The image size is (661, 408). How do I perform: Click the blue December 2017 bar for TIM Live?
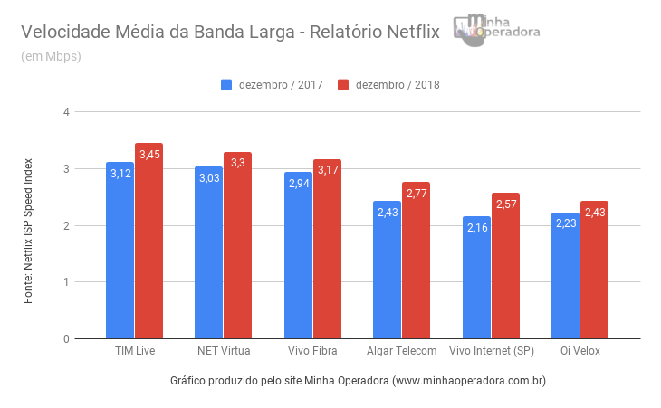[x=120, y=253]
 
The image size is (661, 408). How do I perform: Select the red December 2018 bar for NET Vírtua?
[x=237, y=249]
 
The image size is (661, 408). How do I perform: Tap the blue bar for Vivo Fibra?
[x=298, y=258]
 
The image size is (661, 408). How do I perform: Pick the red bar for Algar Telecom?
[x=416, y=262]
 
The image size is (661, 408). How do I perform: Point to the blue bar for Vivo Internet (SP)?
[x=476, y=280]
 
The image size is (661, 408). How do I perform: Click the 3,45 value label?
[x=148, y=155]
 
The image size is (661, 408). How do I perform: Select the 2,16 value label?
[x=476, y=228]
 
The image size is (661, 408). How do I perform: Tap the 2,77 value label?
[x=416, y=194]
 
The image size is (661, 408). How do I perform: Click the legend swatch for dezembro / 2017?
[x=226, y=85]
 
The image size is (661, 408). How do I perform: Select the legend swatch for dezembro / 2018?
[x=343, y=85]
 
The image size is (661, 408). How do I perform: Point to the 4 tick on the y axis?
[x=66, y=112]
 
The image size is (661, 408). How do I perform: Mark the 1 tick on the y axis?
[x=66, y=282]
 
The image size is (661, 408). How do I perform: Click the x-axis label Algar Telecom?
[x=402, y=351]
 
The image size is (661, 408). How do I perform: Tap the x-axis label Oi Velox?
[x=580, y=351]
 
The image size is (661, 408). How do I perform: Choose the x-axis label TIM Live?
[x=134, y=351]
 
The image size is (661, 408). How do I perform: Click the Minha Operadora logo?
[x=497, y=30]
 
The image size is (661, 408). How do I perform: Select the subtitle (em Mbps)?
[x=51, y=56]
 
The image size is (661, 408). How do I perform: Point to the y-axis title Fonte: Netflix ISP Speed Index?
[x=28, y=231]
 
